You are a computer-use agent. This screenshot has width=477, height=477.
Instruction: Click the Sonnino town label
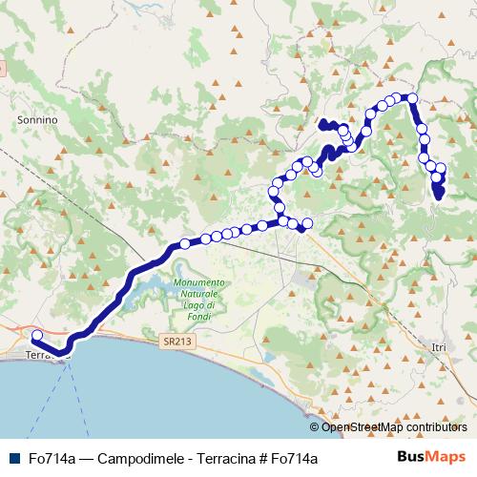(x=38, y=121)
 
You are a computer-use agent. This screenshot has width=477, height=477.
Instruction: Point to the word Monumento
(x=199, y=283)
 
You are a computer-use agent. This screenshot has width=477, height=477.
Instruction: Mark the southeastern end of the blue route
(x=439, y=195)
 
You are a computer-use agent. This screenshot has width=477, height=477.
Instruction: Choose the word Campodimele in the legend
(x=133, y=458)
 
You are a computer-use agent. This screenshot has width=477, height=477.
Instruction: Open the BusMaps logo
(x=432, y=457)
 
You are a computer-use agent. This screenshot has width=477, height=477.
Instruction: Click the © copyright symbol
(x=315, y=427)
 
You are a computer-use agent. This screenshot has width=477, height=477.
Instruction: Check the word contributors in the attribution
(x=435, y=427)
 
